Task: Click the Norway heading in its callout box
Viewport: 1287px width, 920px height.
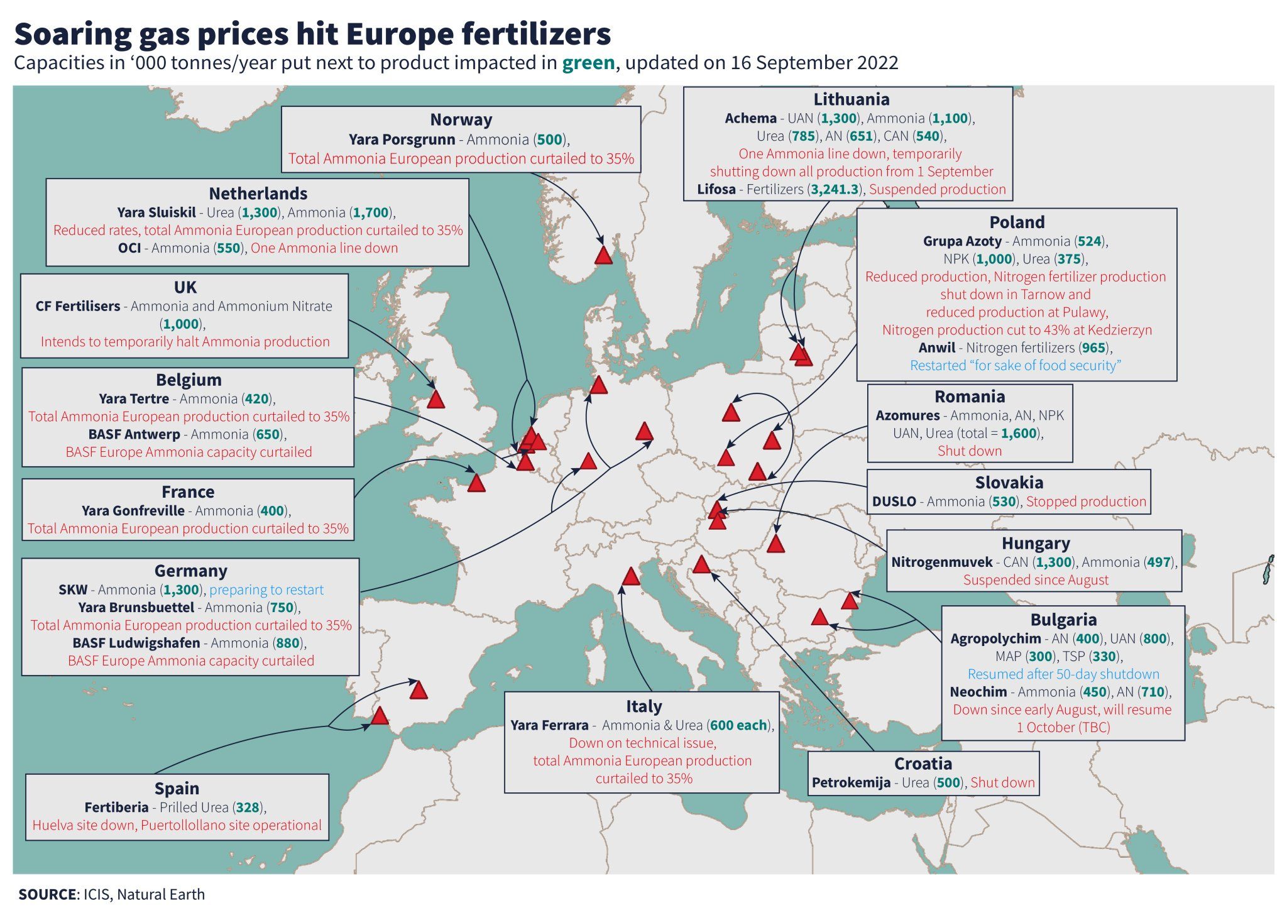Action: (461, 119)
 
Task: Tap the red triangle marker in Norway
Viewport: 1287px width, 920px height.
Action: (603, 256)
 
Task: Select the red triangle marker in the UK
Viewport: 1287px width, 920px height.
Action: (435, 400)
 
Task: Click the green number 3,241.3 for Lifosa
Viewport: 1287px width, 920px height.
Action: (835, 189)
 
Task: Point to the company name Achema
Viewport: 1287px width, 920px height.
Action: (750, 118)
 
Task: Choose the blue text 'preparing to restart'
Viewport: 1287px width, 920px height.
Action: (266, 589)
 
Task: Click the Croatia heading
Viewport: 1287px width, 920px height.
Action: (923, 764)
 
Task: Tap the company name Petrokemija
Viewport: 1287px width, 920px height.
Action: (851, 782)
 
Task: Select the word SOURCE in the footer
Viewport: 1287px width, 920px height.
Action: (47, 894)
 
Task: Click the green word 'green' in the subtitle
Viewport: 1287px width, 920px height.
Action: (588, 63)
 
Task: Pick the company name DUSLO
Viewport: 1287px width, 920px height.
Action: (894, 501)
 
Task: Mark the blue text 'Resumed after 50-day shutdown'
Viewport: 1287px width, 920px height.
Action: (1063, 674)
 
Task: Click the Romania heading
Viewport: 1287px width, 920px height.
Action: (970, 397)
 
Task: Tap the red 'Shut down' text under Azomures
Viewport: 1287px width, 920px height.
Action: (970, 451)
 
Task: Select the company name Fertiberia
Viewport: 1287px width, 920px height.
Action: (116, 808)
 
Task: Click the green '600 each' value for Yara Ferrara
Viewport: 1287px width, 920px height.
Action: (738, 725)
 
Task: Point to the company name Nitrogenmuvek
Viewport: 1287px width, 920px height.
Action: (941, 562)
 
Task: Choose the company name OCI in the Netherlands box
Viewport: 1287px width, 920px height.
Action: (129, 248)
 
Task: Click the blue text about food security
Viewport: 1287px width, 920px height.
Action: (1016, 365)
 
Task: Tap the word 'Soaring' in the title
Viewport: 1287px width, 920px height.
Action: (72, 34)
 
